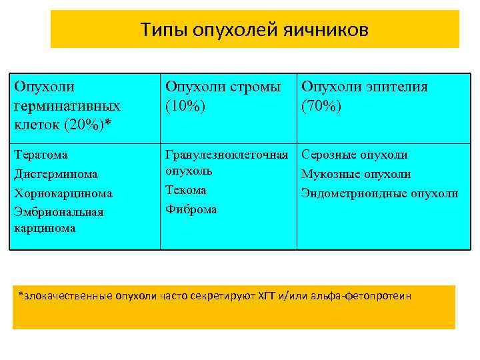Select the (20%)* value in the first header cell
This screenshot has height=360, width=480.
[x=87, y=123]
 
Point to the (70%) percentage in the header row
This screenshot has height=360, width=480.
[x=322, y=106]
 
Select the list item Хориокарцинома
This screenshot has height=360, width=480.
[x=63, y=193]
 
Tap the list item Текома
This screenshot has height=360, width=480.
[x=185, y=190]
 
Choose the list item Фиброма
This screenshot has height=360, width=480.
[x=191, y=209]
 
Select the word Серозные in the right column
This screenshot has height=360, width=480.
[x=329, y=155]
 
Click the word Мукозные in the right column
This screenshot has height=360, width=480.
[x=329, y=174]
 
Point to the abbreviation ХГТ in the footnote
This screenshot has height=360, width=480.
[x=266, y=295]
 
